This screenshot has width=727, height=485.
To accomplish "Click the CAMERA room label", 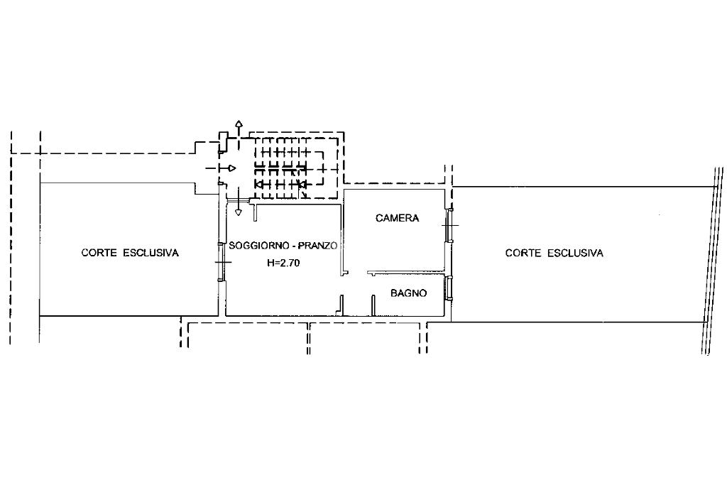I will coord(397,218).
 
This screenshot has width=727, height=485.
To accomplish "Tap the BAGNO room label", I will coord(408,293).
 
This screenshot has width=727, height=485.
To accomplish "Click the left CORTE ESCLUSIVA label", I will coord(129,252).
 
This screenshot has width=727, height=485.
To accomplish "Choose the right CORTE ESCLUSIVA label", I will coord(554,253).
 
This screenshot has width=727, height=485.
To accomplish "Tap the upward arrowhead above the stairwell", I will coord(239,125).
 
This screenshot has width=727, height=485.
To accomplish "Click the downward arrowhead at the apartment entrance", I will coord(239,211).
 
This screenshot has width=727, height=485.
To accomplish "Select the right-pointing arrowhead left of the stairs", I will coord(231,168).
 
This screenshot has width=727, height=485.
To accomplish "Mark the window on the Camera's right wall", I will coord(449,224).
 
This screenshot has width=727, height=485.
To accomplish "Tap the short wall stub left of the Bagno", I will coord(373,305).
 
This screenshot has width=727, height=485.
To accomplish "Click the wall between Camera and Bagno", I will coord(406,272).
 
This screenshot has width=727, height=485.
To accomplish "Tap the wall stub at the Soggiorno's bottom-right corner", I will coord(341,305).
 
